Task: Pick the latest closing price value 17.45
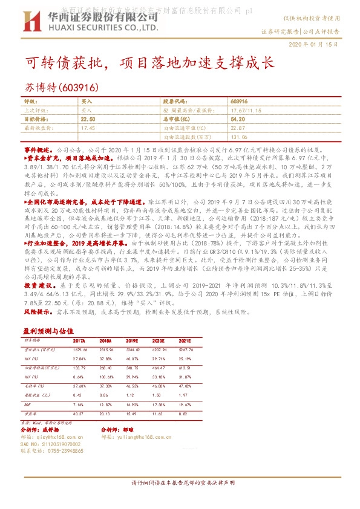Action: [x=88, y=128]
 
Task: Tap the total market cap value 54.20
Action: [x=237, y=120]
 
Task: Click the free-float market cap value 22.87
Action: [x=238, y=128]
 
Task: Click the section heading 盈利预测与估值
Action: [x=48, y=331]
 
